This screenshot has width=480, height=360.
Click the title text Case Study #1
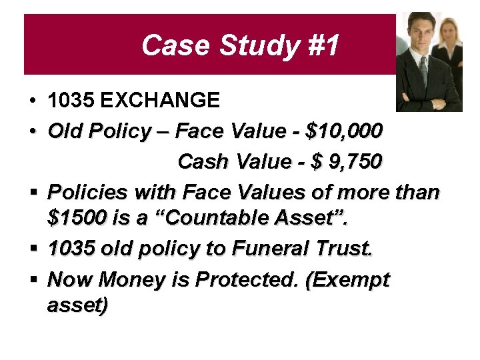click(x=240, y=46)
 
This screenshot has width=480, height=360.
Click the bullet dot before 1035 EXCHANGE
click(x=32, y=101)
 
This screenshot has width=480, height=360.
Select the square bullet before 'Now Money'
click(x=32, y=280)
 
